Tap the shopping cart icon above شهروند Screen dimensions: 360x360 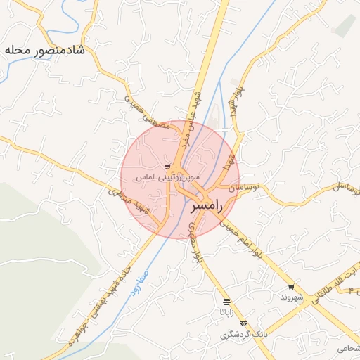click(291, 287)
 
